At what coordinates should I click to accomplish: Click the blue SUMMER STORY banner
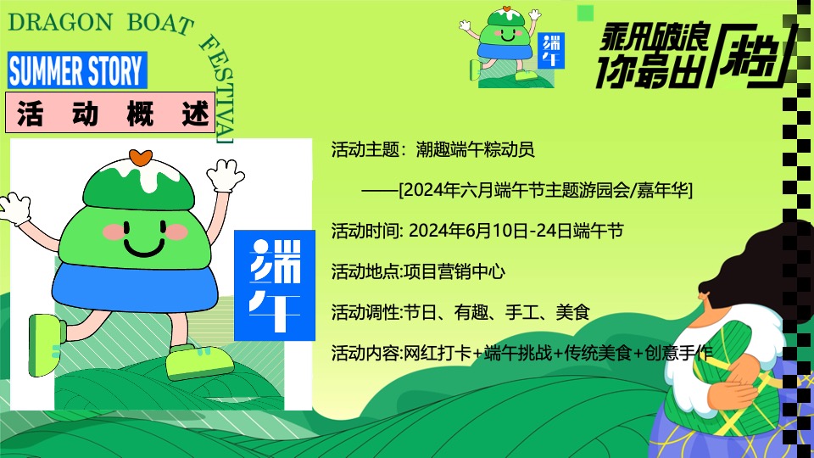77,70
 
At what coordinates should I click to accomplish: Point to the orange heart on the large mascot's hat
140,158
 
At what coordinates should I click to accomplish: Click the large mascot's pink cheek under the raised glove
176,230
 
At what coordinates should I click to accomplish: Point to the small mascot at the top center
507,46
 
